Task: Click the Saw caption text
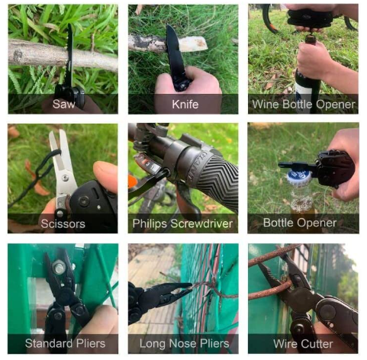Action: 63,104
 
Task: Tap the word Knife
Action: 185,104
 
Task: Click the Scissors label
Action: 63,224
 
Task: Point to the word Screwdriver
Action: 201,223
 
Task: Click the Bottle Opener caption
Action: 300,223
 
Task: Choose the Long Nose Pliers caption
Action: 184,344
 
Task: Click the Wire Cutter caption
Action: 303,344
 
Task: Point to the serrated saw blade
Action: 69,55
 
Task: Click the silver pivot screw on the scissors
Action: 66,178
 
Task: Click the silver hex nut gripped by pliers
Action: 59,268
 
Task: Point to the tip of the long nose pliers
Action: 190,286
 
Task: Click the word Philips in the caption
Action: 150,223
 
